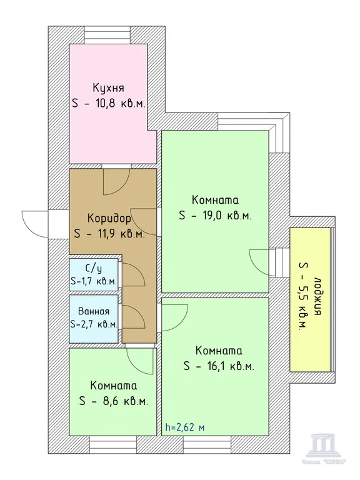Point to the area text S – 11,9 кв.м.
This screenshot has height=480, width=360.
pyautogui.click(x=109, y=234)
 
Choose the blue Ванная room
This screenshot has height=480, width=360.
pyautogui.click(x=93, y=317)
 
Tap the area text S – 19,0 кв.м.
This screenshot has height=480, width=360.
pyautogui.click(x=215, y=216)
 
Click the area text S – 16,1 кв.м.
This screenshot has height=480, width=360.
pyautogui.click(x=218, y=367)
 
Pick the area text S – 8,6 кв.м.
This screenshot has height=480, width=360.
pyautogui.click(x=113, y=401)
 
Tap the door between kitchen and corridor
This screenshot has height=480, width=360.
pyautogui.click(x=114, y=181)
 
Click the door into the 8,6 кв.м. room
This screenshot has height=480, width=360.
pyautogui.click(x=140, y=360)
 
